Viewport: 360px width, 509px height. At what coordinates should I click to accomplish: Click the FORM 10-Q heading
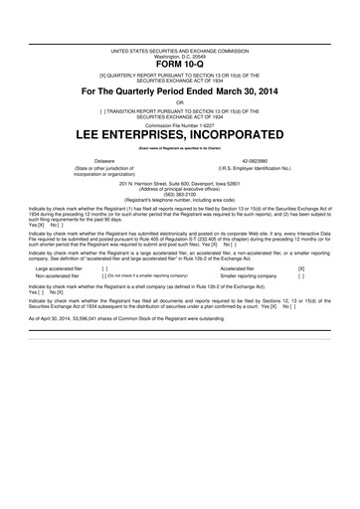click(x=179, y=65)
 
